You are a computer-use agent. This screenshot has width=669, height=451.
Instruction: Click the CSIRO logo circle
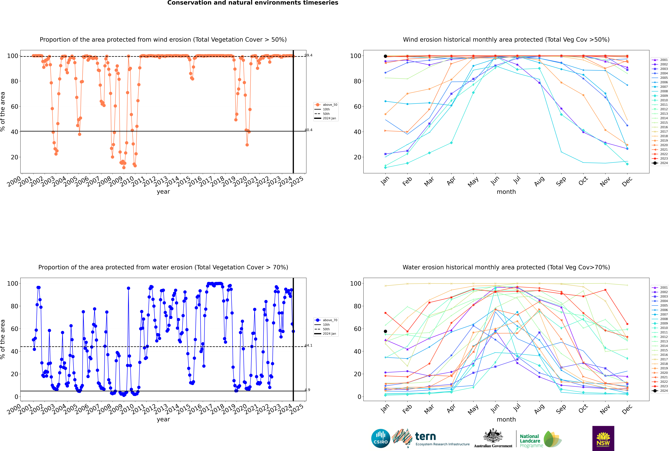(x=381, y=438)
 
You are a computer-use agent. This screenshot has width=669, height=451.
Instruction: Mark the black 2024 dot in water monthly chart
(x=385, y=331)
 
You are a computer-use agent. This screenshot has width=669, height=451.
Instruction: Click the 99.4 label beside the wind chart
(x=308, y=55)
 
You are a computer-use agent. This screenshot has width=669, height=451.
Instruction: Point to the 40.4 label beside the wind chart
(x=308, y=130)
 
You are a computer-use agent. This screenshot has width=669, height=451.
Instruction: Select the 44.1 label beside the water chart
(x=308, y=345)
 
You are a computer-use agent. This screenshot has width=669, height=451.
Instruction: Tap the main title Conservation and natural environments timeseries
(x=253, y=3)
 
